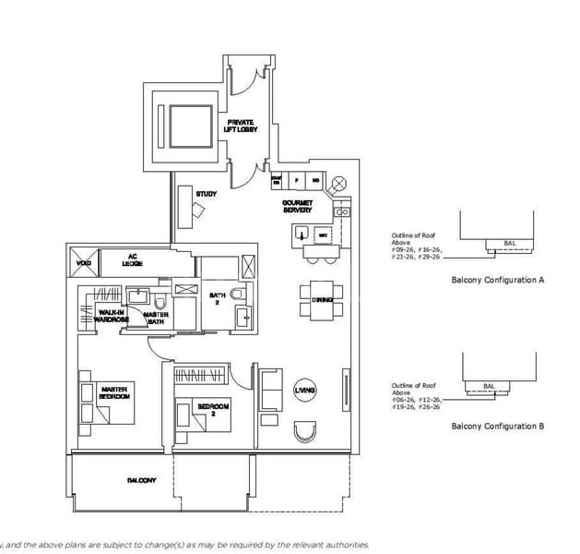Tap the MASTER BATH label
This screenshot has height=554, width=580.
pos(155,319)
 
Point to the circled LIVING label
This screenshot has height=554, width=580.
pos(305,391)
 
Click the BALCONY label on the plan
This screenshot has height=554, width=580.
pos(141,481)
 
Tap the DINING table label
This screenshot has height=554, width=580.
pos(322,299)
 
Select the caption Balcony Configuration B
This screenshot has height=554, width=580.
pos(497,426)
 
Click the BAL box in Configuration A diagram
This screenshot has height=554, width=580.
pos(510,245)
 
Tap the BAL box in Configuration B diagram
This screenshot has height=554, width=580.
pos(490,387)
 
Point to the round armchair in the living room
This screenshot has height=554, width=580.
pos(303,431)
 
